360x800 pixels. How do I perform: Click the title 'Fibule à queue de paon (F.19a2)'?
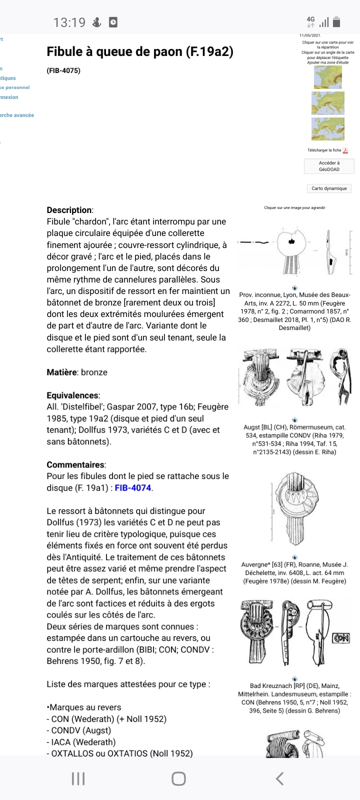(140, 51)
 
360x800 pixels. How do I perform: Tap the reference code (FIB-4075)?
(63, 70)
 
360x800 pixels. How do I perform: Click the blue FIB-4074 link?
(133, 487)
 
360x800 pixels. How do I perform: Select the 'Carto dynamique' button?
(329, 188)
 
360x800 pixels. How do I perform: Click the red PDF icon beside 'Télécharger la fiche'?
(345, 150)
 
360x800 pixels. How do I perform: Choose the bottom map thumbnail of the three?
(328, 128)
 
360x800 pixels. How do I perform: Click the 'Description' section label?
(69, 210)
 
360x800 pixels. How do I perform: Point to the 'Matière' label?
(61, 372)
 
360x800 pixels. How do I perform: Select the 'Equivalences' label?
(72, 395)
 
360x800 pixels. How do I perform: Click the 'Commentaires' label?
(76, 464)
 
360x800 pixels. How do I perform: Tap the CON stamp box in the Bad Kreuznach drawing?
(341, 637)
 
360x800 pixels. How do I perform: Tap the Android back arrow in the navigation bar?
(280, 778)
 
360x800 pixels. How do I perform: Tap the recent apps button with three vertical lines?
(78, 778)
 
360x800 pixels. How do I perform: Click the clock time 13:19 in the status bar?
(69, 22)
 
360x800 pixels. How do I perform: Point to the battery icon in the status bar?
(336, 22)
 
